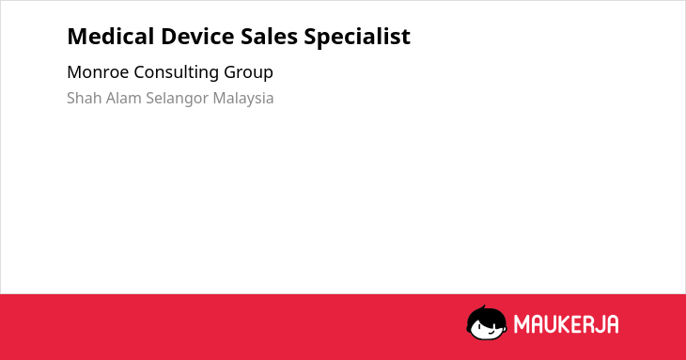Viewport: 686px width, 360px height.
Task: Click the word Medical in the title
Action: click(110, 36)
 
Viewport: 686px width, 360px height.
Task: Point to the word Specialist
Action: click(357, 37)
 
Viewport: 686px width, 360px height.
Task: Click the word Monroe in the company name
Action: click(98, 71)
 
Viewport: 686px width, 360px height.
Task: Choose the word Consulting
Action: click(176, 72)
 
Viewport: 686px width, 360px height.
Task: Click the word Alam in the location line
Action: click(124, 98)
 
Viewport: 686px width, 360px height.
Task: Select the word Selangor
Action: click(178, 99)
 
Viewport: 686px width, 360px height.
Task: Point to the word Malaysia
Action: click(243, 99)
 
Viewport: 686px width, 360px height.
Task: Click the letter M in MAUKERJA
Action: click(521, 324)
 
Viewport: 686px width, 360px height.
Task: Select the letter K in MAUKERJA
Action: click(566, 324)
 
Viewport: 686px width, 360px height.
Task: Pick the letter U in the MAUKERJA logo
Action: click(552, 324)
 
